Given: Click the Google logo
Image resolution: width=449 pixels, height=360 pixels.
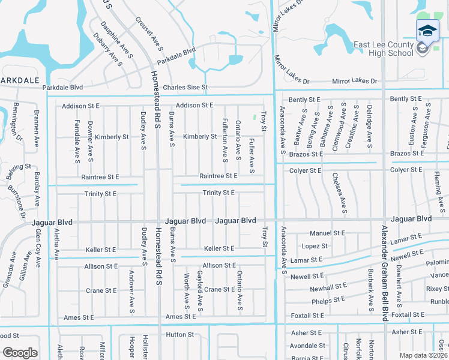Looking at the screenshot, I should click(20, 353).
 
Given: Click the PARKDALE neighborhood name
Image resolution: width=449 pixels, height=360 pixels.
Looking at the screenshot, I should click(19, 79).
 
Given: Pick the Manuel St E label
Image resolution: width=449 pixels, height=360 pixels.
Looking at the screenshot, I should click(327, 233).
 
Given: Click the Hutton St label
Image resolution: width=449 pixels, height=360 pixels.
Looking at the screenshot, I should click(180, 335).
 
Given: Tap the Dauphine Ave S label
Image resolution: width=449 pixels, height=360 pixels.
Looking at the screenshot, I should click(117, 41).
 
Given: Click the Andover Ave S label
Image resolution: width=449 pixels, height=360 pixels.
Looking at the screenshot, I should click(131, 292).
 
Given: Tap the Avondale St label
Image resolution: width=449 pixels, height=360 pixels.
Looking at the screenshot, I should click(307, 346).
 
